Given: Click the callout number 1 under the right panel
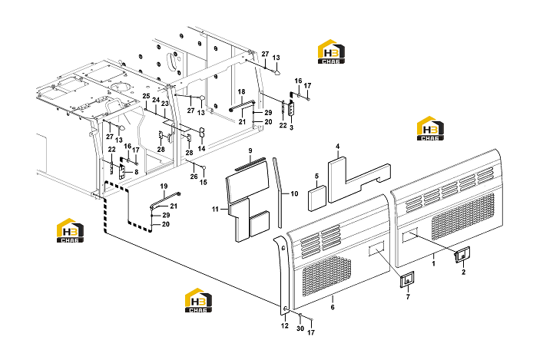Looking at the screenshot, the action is (434, 264).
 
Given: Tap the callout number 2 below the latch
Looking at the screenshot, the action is (464, 272).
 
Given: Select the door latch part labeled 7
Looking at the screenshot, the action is (407, 279).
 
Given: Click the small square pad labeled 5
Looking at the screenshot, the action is (317, 198).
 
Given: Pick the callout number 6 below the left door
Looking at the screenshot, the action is (333, 307).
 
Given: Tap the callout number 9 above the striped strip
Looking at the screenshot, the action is (250, 151).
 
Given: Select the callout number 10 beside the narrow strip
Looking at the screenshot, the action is (294, 194).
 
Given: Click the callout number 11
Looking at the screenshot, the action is (215, 209).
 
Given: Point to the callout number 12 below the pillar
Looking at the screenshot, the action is (285, 325).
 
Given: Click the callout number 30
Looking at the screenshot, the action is (300, 329).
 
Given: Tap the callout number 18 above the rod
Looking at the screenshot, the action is (241, 92).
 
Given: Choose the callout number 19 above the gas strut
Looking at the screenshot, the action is (164, 187).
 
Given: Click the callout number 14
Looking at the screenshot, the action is (201, 148).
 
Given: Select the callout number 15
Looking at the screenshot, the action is (204, 182).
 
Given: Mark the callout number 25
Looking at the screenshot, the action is (146, 96).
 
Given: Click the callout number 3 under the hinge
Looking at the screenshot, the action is (291, 127).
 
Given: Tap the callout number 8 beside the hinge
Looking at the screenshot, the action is (137, 172).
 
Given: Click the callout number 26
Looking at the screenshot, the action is (194, 177).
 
